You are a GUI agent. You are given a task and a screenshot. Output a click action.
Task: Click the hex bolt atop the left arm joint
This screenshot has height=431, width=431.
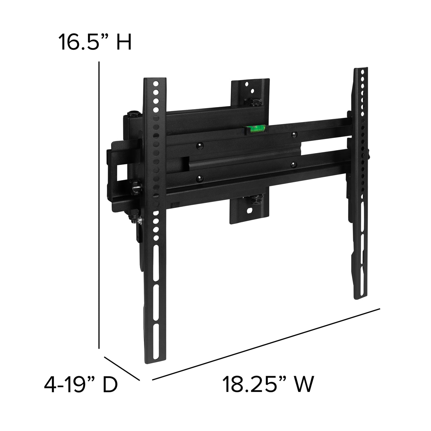tap(134, 114)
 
